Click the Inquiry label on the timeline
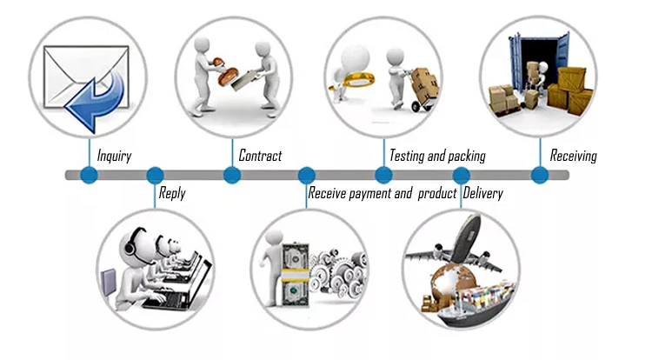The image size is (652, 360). point(114,157)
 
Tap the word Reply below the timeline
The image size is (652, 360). point(171,193)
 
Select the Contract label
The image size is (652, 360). point(260,156)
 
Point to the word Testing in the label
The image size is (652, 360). point(406,157)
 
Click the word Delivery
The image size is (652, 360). point(482,193)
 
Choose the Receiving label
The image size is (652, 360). point(573,157)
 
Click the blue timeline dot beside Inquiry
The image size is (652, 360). point(89,175)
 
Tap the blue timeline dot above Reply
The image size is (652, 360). point(155,175)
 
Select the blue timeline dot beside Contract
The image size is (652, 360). point(232,175)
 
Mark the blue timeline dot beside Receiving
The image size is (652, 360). point(540,175)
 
